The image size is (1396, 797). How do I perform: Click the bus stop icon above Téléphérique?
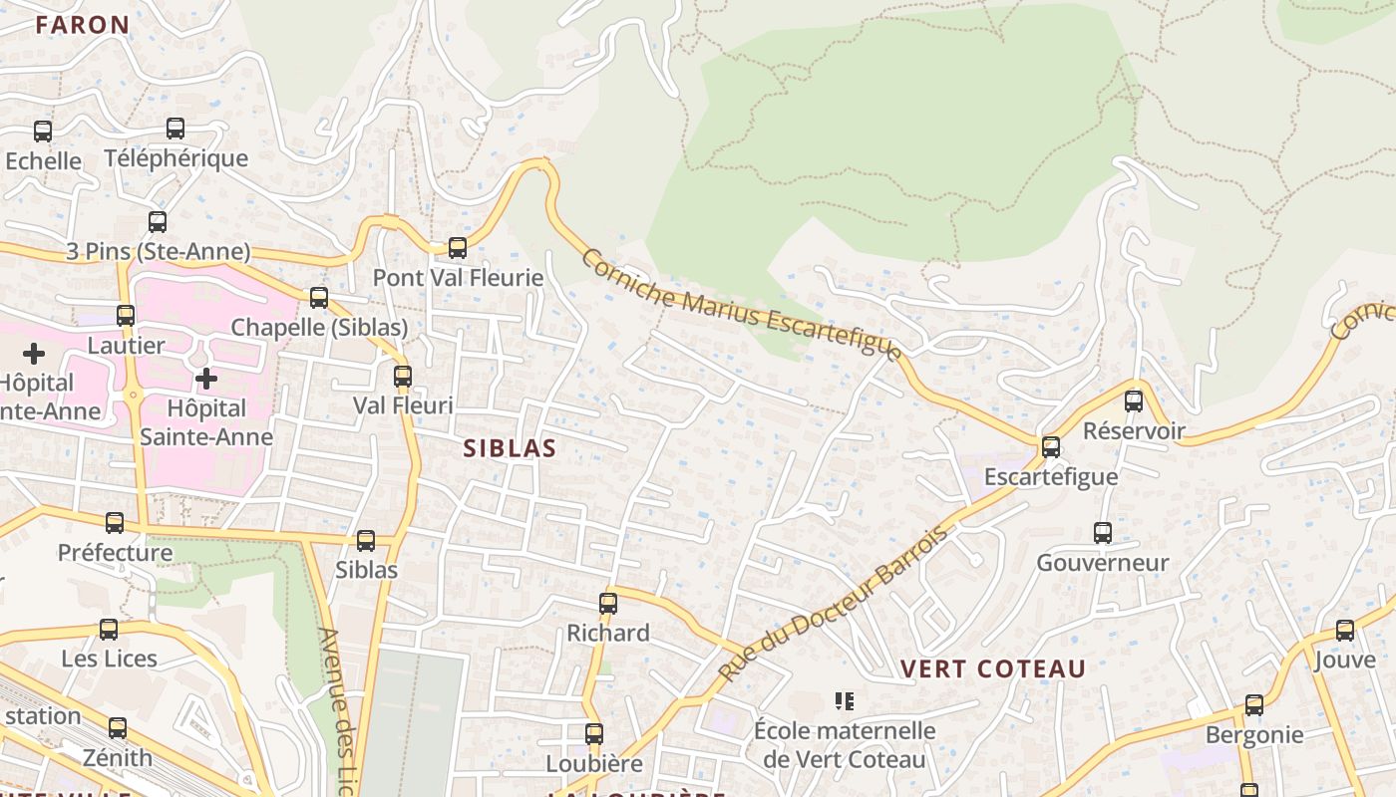click(x=175, y=128)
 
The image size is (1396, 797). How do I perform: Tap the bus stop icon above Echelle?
click(x=43, y=131)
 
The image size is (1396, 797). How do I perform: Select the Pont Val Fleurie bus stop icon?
click(x=458, y=247)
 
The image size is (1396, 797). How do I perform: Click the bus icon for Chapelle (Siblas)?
click(x=319, y=297)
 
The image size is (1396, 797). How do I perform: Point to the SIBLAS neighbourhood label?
click(x=510, y=448)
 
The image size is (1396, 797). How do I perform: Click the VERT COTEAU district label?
click(x=993, y=668)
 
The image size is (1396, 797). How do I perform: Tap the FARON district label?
click(x=83, y=25)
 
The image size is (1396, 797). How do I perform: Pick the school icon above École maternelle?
click(x=845, y=701)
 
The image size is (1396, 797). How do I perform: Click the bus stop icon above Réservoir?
click(x=1134, y=400)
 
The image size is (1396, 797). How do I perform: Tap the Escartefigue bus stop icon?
click(x=1051, y=446)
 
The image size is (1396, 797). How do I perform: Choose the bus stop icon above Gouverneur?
click(x=1103, y=532)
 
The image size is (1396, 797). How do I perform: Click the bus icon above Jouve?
click(x=1345, y=630)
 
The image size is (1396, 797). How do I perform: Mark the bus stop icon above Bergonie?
click(x=1254, y=705)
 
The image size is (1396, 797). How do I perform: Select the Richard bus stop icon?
click(x=608, y=603)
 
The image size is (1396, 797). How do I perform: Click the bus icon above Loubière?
click(x=594, y=734)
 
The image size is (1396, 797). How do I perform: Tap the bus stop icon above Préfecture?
click(x=115, y=522)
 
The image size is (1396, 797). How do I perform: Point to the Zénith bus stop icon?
click(x=118, y=727)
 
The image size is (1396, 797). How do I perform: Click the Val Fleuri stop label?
click(x=403, y=405)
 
